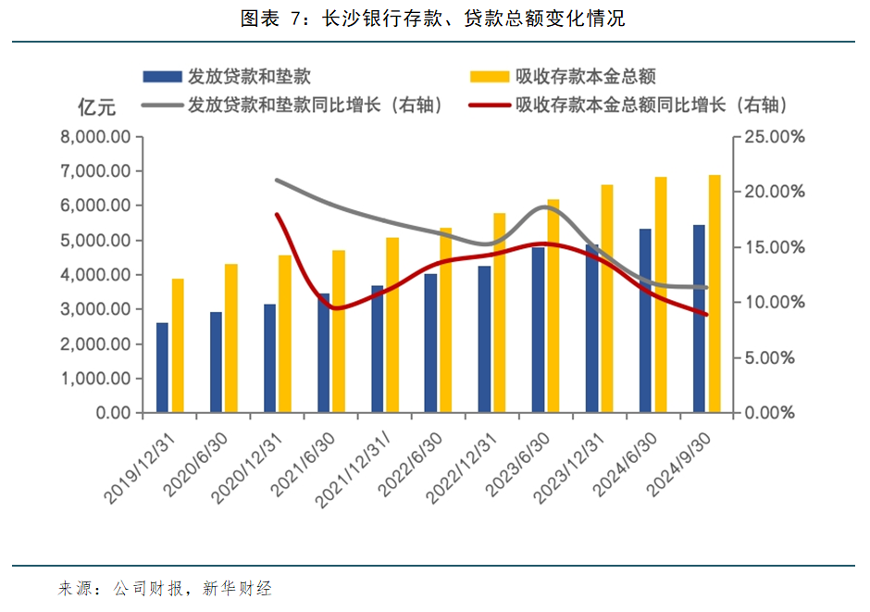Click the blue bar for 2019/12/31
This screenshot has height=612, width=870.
[x=162, y=368]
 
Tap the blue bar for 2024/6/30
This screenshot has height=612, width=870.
[x=646, y=320]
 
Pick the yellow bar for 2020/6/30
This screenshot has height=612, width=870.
[x=231, y=338]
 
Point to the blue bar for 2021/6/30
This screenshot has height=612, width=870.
[x=323, y=353]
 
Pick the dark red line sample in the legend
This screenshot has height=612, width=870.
[x=490, y=105]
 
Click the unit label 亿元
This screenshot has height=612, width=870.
[x=96, y=107]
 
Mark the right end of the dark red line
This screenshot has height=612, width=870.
[x=706, y=315]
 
